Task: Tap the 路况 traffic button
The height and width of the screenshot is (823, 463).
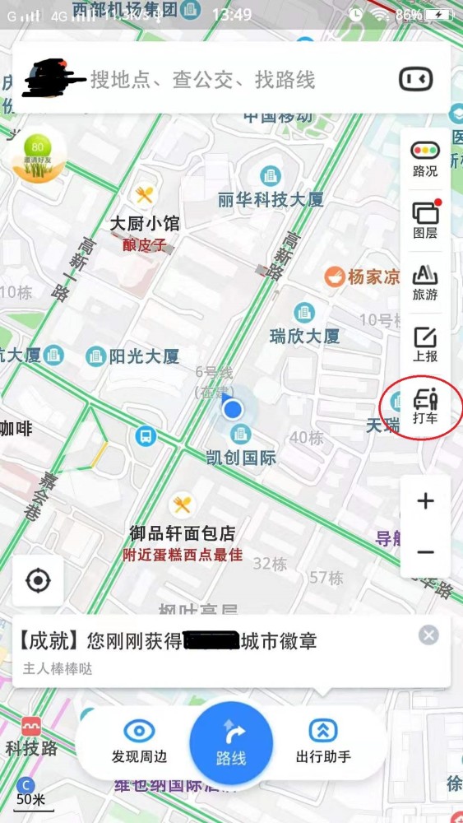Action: tap(425, 159)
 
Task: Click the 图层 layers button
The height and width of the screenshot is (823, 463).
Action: tap(425, 219)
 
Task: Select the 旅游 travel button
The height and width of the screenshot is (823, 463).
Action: tap(425, 281)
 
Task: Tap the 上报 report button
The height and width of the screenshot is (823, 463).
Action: tap(425, 344)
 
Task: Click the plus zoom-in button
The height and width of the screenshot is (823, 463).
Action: tap(425, 500)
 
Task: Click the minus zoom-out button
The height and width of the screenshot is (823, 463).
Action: tap(425, 551)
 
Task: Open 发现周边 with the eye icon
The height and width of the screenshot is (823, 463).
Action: tap(139, 741)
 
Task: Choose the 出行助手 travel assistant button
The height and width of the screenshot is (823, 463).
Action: tap(323, 741)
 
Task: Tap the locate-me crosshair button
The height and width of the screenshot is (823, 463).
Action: tap(38, 581)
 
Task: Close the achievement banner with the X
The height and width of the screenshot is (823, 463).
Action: tap(428, 635)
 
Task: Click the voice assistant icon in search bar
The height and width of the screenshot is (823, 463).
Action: tap(415, 79)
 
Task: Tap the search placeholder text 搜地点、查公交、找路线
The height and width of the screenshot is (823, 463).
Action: tap(202, 80)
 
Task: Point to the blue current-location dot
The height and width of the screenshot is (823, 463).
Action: tap(234, 408)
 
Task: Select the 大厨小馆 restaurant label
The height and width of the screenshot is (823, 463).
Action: tap(145, 223)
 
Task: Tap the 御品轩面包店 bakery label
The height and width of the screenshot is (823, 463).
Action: tap(183, 532)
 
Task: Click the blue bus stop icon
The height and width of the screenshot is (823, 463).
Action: tap(146, 435)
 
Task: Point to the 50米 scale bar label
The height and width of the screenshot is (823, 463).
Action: tap(30, 799)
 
